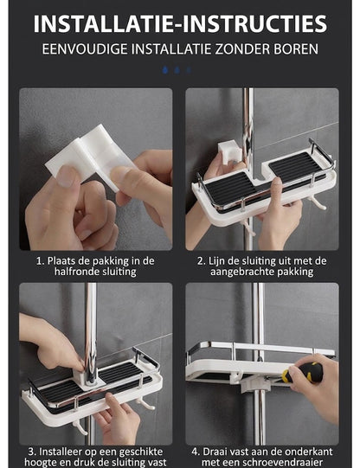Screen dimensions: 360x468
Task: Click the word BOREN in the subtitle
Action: coord(296,49)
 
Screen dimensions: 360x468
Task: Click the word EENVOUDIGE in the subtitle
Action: coord(85,49)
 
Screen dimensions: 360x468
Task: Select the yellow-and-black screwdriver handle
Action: coord(302,373)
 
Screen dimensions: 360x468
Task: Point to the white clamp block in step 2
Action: coord(229,152)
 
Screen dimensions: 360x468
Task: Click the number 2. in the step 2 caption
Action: coord(201,261)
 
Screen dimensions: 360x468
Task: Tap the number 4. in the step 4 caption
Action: coord(196,452)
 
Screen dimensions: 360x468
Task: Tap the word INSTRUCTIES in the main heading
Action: coord(254,24)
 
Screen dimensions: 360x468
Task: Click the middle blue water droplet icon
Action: coord(177,70)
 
